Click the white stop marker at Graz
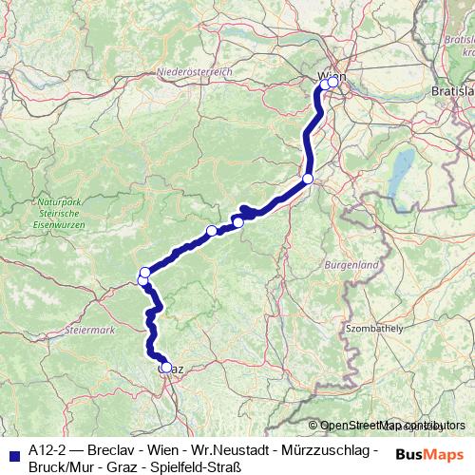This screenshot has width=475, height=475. [166, 368]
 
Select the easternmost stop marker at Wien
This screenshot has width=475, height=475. [333, 83]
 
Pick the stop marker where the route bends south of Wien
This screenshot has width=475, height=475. [308, 179]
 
